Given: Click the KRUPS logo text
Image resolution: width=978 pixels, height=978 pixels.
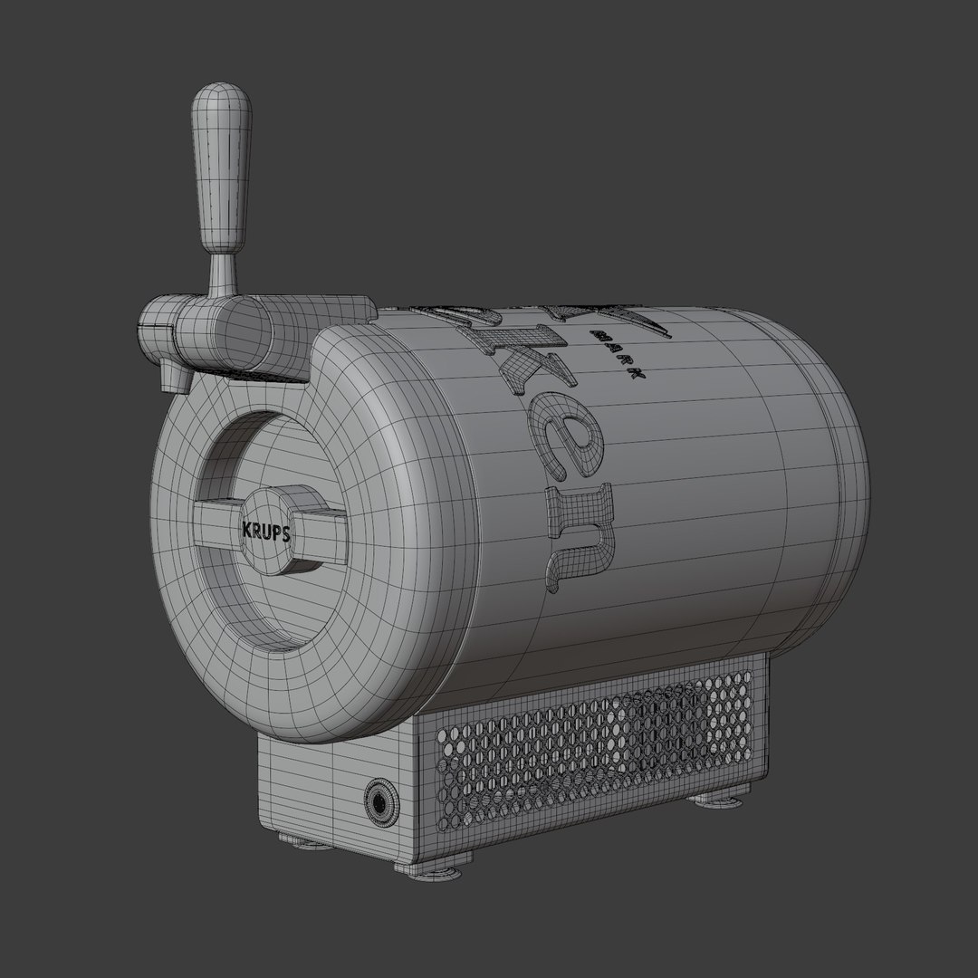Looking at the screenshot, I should pyautogui.click(x=265, y=533).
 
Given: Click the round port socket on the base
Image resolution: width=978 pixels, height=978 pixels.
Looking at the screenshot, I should pyautogui.click(x=379, y=799).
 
